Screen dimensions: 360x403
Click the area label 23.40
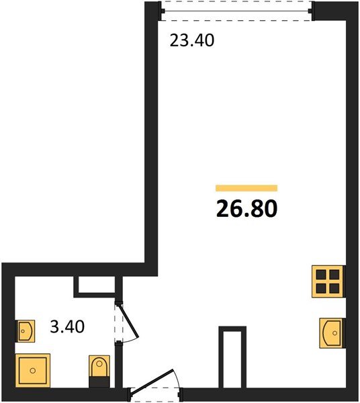click(x=192, y=40)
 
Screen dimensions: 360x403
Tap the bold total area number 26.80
click(x=246, y=208)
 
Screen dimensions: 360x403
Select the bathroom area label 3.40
click(x=67, y=326)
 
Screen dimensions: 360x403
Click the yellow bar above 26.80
click(x=246, y=188)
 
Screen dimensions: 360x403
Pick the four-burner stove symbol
click(x=328, y=281)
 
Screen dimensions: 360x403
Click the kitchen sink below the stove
click(x=332, y=333)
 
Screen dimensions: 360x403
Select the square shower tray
click(x=33, y=370)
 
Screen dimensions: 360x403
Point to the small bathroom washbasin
click(x=25, y=331)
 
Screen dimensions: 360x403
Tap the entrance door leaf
click(x=152, y=381)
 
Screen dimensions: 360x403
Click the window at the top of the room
click(x=236, y=11)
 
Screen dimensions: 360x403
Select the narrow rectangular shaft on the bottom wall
click(x=232, y=357)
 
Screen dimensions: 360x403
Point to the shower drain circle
click(x=33, y=371)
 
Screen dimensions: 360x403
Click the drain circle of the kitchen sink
click(x=334, y=333)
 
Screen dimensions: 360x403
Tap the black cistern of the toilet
click(x=99, y=382)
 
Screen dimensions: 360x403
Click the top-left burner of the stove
click(x=321, y=274)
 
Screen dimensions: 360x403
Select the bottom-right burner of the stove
click(x=334, y=288)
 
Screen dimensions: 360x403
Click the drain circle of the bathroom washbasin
click(x=23, y=331)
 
